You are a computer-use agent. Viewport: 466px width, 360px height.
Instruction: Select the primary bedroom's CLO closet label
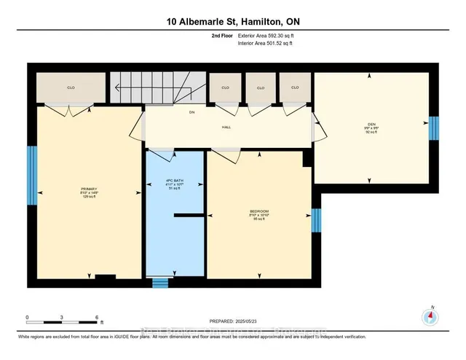click(71, 87)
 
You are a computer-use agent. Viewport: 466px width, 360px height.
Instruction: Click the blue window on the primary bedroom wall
click(31, 176)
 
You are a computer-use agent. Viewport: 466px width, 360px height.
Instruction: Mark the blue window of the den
click(434, 128)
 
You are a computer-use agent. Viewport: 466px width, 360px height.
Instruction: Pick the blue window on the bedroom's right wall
click(315, 219)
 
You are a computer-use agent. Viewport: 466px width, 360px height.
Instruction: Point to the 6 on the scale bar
click(97, 318)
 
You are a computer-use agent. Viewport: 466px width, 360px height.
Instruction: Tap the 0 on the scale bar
click(27, 318)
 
